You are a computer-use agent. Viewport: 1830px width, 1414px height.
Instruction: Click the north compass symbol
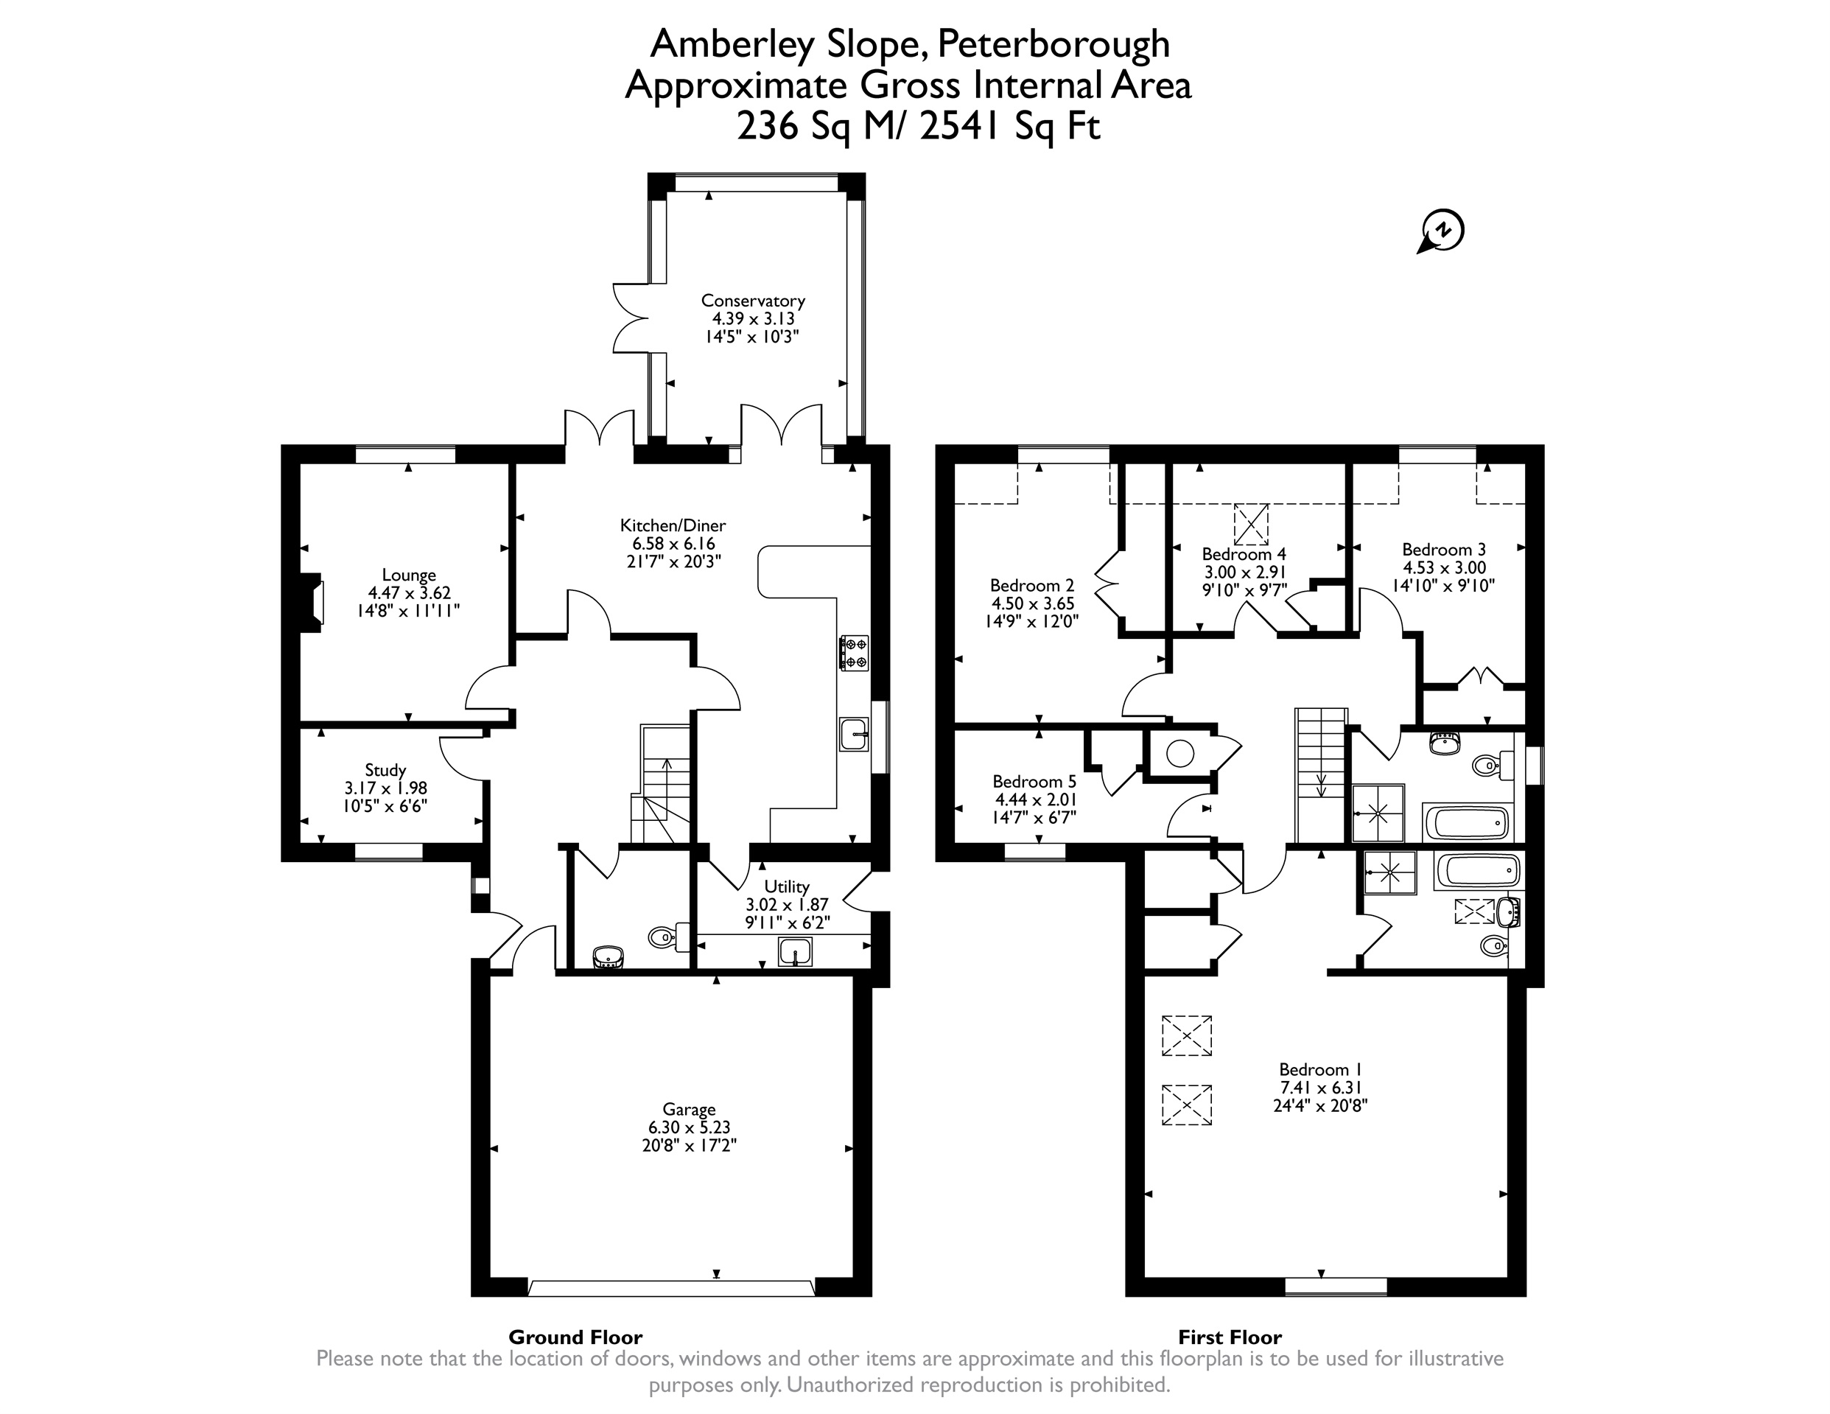(1441, 231)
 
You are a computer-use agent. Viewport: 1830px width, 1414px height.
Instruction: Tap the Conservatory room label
(752, 300)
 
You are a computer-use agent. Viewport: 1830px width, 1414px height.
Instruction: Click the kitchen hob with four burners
(854, 653)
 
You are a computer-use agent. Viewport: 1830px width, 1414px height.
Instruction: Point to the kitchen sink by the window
(854, 734)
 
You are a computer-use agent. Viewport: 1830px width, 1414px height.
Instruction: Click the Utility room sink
(795, 952)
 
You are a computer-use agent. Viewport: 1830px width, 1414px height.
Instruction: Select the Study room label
(385, 770)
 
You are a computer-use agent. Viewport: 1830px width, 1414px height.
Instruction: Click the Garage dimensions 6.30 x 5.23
(689, 1127)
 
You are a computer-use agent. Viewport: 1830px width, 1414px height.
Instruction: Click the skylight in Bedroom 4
(1250, 525)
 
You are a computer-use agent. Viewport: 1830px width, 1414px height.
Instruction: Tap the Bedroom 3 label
(1444, 550)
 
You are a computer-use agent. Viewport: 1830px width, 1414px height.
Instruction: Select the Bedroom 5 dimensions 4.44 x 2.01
(1035, 799)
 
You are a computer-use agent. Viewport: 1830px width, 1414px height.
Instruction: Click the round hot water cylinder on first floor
(1179, 755)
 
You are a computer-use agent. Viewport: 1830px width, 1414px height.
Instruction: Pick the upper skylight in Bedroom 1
(1187, 1035)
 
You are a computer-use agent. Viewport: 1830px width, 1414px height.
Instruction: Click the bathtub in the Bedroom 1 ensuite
(1476, 872)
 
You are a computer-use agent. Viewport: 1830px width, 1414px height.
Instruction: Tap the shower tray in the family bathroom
(1378, 812)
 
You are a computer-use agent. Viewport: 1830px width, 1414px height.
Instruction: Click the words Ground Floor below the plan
(575, 1337)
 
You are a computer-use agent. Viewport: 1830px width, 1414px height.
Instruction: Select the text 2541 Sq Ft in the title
(1010, 127)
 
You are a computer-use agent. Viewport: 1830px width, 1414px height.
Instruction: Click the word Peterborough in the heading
(1054, 45)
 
